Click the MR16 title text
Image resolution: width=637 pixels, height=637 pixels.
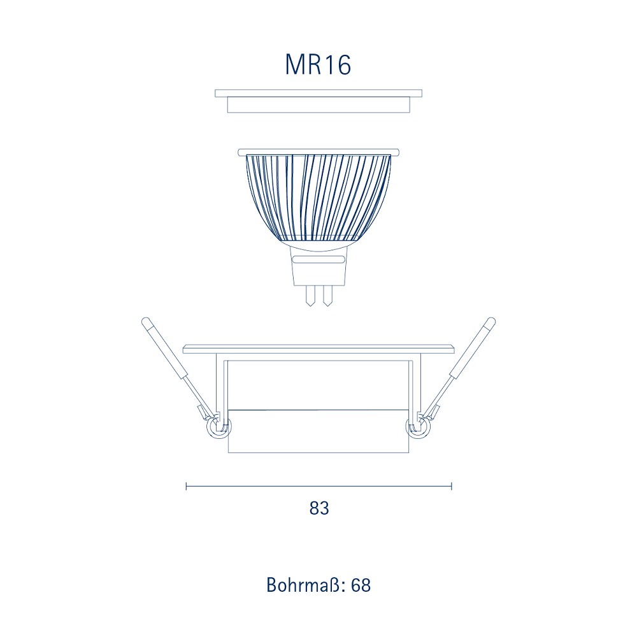click(318, 64)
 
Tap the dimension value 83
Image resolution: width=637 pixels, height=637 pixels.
click(319, 508)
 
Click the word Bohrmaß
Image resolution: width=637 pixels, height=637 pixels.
click(304, 585)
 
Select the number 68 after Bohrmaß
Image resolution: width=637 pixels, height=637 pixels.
click(361, 585)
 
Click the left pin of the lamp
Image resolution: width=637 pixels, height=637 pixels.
click(310, 296)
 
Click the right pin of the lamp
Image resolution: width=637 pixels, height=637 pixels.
click(327, 296)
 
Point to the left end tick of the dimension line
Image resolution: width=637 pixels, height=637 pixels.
click(186, 486)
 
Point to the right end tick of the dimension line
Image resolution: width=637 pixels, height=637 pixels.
click(452, 486)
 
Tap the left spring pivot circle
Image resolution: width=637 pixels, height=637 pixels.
click(218, 428)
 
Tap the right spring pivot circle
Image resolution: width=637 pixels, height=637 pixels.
click(419, 428)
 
